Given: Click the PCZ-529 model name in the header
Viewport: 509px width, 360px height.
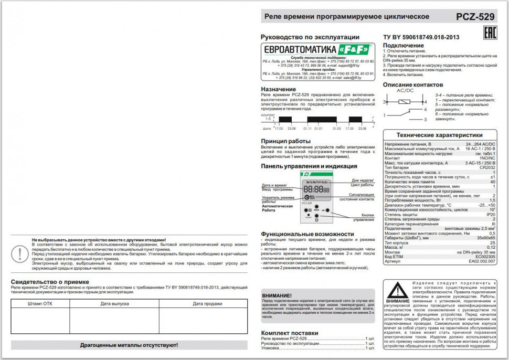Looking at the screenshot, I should pos(475,17).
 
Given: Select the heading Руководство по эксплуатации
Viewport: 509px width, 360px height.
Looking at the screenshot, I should pos(310,37).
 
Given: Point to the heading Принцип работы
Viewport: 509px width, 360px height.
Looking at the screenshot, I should pos(285,141).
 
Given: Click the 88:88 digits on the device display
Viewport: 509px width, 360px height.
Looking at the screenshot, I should pos(313,189).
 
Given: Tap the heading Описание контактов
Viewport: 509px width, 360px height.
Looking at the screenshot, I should pos(412,84).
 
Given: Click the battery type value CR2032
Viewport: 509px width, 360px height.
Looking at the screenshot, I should pos(486,167).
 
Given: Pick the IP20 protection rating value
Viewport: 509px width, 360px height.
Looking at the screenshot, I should pos(491,215).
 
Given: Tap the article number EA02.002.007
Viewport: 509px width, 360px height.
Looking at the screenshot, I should pos(482,261).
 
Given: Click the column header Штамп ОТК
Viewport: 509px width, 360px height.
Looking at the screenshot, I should pos(40,303).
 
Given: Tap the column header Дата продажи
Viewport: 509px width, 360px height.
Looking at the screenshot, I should pos(202,303).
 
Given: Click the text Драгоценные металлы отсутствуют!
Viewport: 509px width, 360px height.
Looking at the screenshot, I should pos(129,345).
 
